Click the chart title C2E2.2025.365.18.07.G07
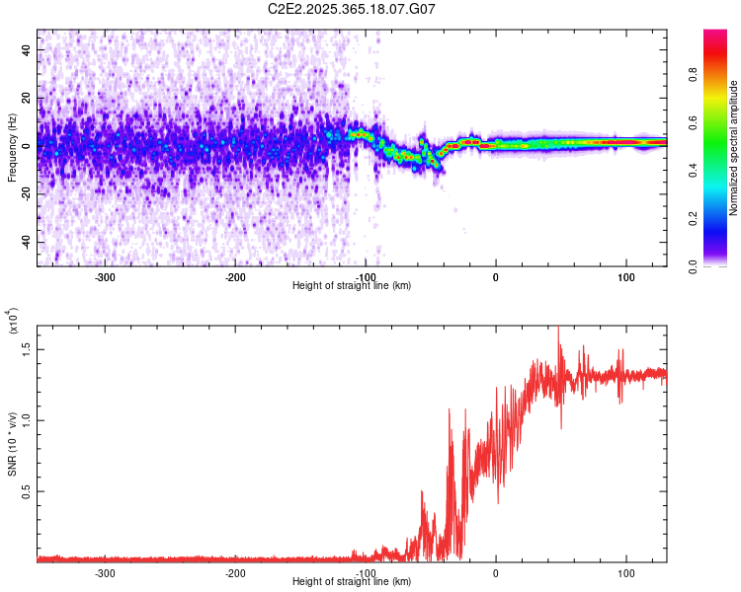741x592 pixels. [x=352, y=9]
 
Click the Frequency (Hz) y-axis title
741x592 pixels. [x=12, y=147]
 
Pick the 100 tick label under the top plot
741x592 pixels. [x=625, y=276]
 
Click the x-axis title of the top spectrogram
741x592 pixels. [x=352, y=286]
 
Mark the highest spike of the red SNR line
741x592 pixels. [x=558, y=328]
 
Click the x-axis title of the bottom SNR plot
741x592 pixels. [x=352, y=582]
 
